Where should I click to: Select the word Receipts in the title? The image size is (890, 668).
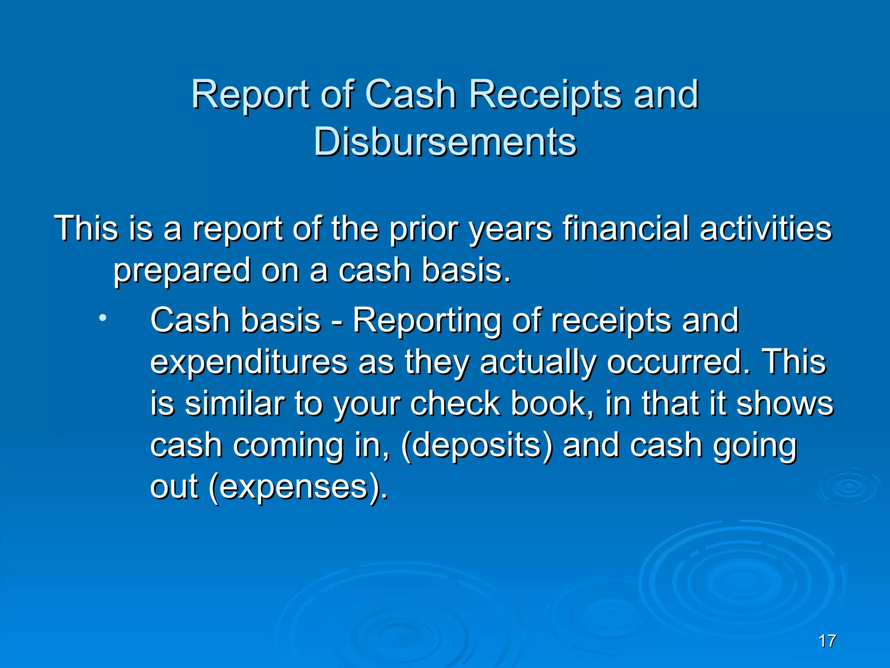pyautogui.click(x=545, y=95)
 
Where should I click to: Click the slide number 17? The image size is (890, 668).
pyautogui.click(x=827, y=641)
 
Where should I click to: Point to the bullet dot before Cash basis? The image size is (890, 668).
pyautogui.click(x=102, y=318)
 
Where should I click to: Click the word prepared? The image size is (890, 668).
pyautogui.click(x=182, y=271)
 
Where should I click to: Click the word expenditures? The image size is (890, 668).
pyautogui.click(x=249, y=363)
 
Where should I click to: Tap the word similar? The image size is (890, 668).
pyautogui.click(x=234, y=404)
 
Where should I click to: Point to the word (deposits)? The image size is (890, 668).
pyautogui.click(x=477, y=446)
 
